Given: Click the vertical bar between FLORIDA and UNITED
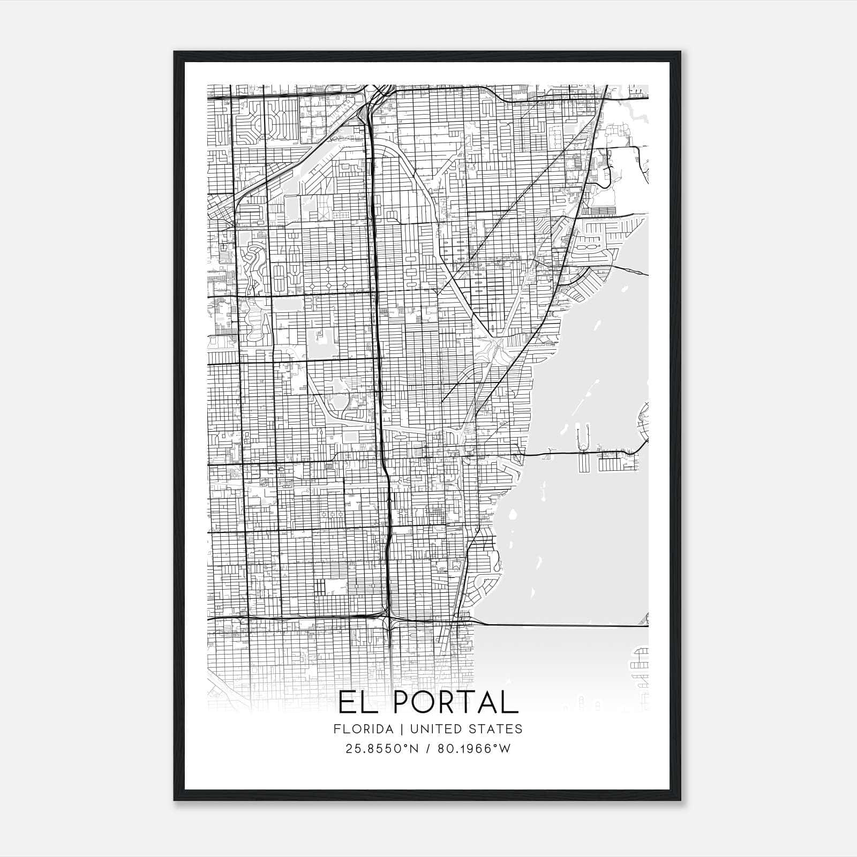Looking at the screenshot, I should click(x=397, y=729).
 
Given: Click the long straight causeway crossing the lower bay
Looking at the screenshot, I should click(x=562, y=625).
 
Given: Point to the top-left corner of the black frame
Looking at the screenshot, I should click(x=175, y=52).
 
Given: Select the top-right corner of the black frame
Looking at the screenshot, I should click(x=680, y=52).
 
